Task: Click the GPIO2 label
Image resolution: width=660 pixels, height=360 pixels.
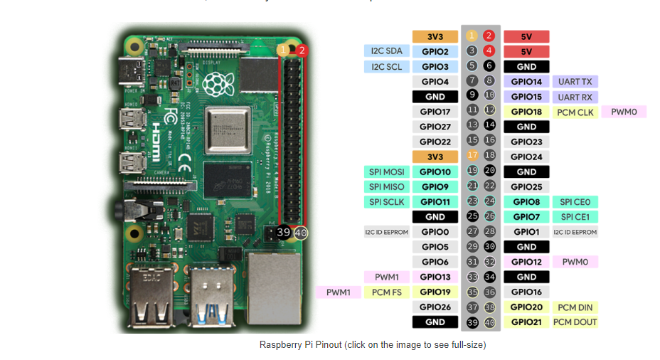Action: (x=435, y=51)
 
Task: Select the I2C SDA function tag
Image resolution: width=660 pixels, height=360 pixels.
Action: (x=387, y=51)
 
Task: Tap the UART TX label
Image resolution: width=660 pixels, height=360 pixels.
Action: (x=575, y=82)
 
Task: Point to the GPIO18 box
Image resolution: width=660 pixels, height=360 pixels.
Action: (x=526, y=112)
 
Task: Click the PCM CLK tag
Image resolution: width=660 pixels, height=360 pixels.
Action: (x=575, y=112)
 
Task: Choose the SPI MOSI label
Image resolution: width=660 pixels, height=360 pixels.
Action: (x=387, y=172)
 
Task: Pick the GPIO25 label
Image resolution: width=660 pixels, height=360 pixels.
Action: (x=526, y=187)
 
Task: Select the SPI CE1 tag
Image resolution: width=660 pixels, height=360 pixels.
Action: (x=575, y=217)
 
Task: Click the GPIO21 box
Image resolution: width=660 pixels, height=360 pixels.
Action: (x=526, y=322)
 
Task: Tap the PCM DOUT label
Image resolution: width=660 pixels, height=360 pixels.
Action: (x=575, y=322)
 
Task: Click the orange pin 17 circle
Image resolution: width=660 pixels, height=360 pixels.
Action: (x=472, y=156)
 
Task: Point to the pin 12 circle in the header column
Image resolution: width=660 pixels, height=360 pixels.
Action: (x=489, y=110)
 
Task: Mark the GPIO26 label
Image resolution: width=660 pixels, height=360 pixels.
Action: (x=435, y=307)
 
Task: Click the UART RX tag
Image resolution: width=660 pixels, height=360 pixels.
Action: (x=575, y=97)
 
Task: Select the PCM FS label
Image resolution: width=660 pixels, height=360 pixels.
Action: (x=387, y=292)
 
